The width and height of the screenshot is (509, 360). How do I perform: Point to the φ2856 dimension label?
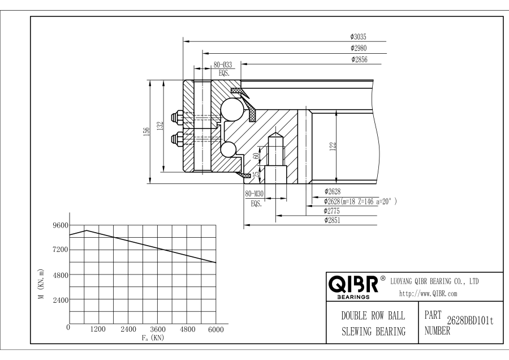pyautogui.click(x=360, y=59)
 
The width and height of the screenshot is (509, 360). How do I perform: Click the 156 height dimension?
pyautogui.click(x=146, y=131)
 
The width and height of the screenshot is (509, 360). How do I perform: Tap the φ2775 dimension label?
pyautogui.click(x=333, y=211)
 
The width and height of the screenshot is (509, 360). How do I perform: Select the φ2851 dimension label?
pyautogui.click(x=333, y=221)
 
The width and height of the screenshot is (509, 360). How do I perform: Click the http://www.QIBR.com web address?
pyautogui.click(x=428, y=293)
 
